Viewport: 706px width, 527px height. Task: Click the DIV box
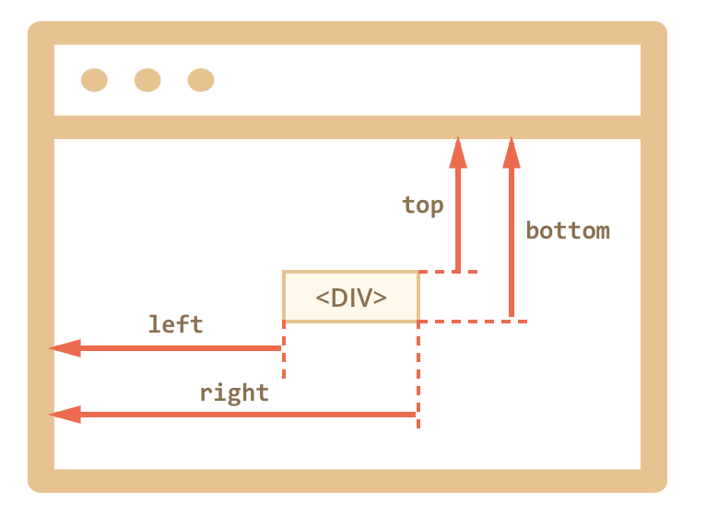click(351, 297)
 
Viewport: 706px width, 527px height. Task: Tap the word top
click(423, 205)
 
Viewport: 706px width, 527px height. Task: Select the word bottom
click(568, 230)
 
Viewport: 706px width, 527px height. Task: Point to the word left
click(175, 324)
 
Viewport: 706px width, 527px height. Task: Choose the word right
click(234, 392)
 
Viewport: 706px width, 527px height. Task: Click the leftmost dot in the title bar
click(94, 80)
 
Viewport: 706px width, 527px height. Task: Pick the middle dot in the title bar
click(147, 80)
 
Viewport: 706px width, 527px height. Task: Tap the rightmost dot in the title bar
click(201, 80)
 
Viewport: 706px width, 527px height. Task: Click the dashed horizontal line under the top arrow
click(449, 272)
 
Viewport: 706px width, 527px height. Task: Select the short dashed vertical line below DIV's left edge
click(284, 351)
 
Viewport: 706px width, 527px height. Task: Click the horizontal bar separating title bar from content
click(347, 127)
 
